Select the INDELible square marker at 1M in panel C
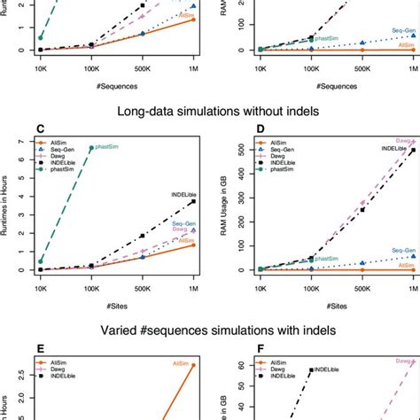pyautogui.click(x=194, y=202)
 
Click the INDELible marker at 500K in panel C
pyautogui.click(x=143, y=236)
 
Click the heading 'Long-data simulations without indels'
pyautogui.click(x=210, y=112)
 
